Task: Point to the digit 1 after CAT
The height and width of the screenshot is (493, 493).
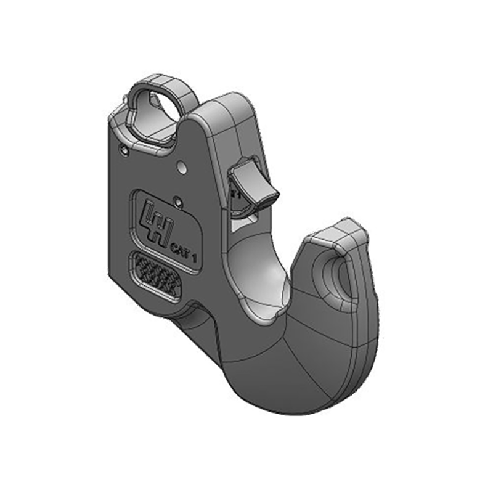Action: [194, 258]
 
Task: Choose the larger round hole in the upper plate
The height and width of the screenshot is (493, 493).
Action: [182, 166]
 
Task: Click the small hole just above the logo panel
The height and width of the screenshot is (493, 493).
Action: [177, 199]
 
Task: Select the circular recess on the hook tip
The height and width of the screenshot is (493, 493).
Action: [333, 277]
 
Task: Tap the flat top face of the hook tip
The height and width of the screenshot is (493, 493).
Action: [337, 235]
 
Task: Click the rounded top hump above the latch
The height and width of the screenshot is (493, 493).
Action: [225, 111]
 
